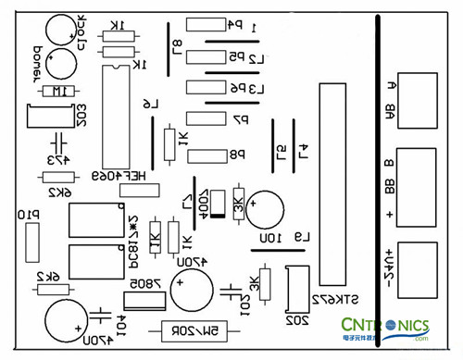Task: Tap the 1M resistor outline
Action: (56, 93)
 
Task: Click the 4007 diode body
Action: (218, 204)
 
